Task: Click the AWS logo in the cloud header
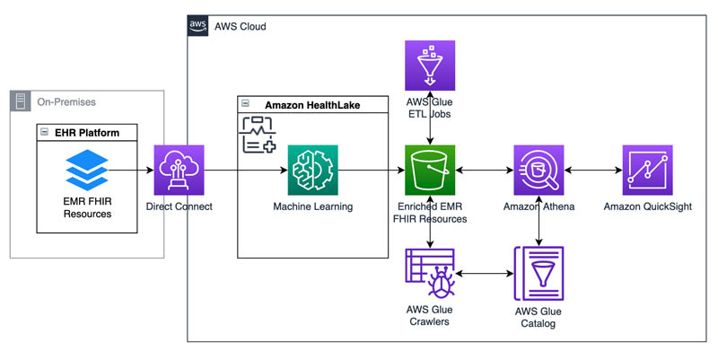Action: [197, 25]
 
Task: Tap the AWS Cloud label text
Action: [240, 26]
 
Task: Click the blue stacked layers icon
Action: [87, 169]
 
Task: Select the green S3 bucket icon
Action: [432, 170]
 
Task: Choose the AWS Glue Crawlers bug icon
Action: [432, 272]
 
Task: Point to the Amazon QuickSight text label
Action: [647, 207]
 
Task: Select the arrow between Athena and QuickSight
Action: [592, 169]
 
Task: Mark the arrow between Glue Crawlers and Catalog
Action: [485, 272]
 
